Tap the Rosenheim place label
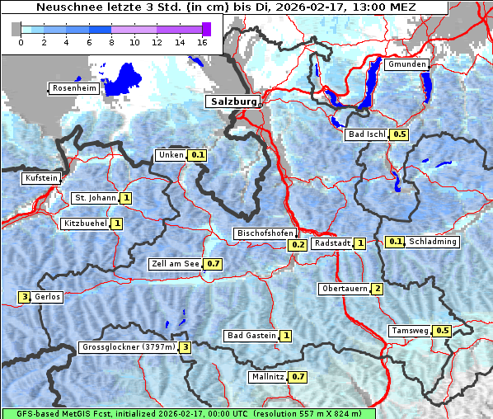click(x=74, y=88)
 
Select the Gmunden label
click(x=406, y=64)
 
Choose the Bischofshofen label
click(x=265, y=233)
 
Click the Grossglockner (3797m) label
click(x=129, y=347)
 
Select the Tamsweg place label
click(x=410, y=331)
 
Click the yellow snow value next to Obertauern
click(x=377, y=289)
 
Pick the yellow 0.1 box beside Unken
click(x=197, y=155)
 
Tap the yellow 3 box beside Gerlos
click(x=25, y=297)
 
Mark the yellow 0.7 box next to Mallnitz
click(x=298, y=377)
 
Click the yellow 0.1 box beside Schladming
click(x=396, y=242)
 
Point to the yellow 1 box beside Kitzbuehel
click(x=117, y=224)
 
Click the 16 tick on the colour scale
click(x=203, y=41)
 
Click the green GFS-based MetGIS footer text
click(x=188, y=413)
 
